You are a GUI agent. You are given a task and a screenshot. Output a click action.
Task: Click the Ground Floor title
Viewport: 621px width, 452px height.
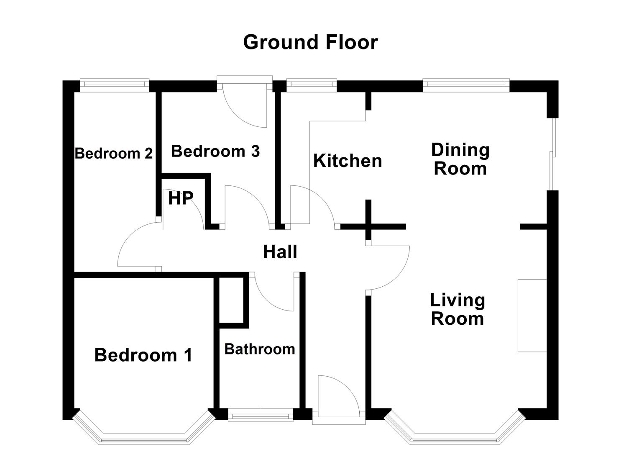click(x=310, y=42)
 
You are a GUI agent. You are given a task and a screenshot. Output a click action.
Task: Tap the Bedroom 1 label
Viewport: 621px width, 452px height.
click(x=143, y=355)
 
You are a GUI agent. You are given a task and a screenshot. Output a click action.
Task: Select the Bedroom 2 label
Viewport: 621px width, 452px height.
click(x=114, y=154)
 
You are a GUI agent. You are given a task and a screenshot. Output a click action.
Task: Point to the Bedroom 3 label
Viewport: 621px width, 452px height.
click(x=215, y=151)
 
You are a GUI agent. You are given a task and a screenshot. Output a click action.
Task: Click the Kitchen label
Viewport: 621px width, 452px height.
click(x=348, y=161)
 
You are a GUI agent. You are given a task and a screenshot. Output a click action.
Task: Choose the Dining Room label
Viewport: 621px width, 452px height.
click(x=460, y=159)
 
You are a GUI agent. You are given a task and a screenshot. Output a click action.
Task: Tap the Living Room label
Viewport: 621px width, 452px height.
click(x=458, y=309)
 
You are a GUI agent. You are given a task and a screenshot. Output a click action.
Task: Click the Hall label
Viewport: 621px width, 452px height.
click(x=280, y=252)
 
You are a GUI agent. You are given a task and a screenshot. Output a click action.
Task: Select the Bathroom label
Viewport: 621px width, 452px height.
click(x=260, y=349)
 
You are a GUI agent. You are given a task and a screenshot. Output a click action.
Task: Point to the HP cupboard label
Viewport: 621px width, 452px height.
click(x=181, y=198)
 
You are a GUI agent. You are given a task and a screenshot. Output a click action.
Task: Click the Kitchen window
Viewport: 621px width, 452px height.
click(x=312, y=85)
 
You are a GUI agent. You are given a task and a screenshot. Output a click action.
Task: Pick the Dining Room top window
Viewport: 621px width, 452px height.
click(x=466, y=85)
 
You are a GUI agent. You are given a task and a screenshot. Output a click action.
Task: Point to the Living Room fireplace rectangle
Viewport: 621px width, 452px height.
click(x=532, y=316)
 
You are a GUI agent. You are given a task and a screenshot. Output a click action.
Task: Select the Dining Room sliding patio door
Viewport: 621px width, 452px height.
click(x=552, y=154)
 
